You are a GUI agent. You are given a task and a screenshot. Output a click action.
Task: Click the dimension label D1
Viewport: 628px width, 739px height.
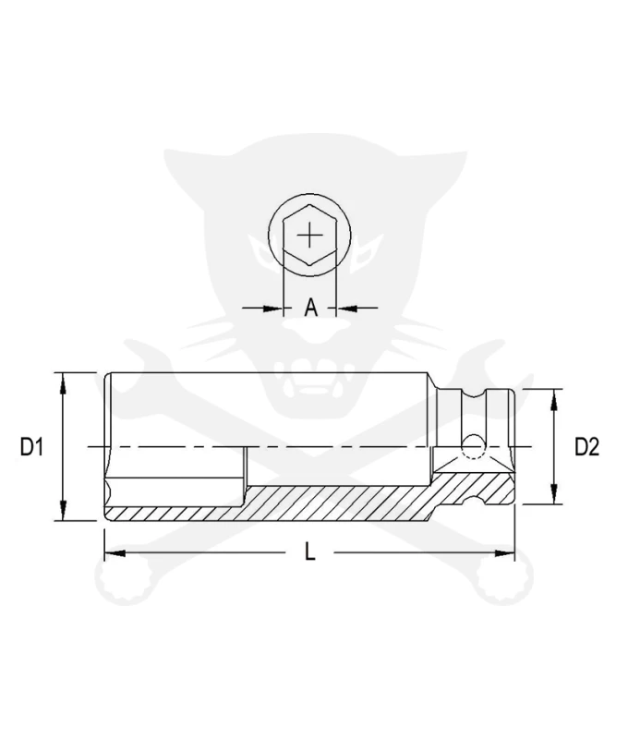[31, 446]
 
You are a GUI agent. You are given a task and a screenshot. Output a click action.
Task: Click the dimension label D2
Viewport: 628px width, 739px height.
[586, 446]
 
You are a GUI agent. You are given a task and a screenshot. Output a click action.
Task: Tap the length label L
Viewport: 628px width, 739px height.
[309, 551]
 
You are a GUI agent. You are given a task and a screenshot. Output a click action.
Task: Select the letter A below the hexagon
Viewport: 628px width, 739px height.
[310, 308]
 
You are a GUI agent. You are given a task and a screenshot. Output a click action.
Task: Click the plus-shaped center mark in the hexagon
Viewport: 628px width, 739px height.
[309, 235]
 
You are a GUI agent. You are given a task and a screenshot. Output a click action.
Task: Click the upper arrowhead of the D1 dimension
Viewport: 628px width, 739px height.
[63, 383]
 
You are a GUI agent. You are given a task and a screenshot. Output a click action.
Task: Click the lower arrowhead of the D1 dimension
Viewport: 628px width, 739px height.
[63, 510]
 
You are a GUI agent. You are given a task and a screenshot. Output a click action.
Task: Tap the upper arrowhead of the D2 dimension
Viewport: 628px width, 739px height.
[554, 400]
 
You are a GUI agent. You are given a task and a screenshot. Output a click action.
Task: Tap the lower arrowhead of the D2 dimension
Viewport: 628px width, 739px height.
[554, 493]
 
